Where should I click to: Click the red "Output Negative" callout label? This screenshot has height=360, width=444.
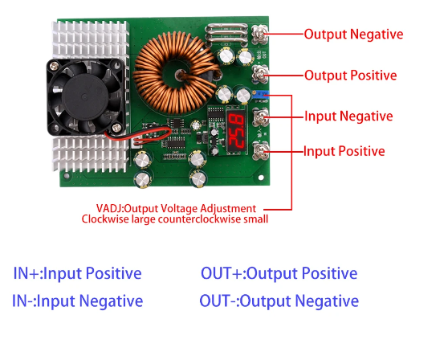(x=353, y=35)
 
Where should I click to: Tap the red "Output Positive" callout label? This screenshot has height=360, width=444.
(x=351, y=76)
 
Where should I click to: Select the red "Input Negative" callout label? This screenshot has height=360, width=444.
(x=348, y=117)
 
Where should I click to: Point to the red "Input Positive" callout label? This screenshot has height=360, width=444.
(x=344, y=151)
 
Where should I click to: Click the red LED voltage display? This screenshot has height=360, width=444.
(x=235, y=130)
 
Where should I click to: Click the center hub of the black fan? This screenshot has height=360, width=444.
(x=84, y=96)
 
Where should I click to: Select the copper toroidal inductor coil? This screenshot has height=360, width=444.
(x=177, y=72)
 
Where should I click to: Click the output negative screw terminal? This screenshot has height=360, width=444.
(x=259, y=34)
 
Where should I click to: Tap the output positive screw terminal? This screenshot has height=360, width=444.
(x=260, y=74)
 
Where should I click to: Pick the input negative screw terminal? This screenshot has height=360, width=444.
(x=260, y=117)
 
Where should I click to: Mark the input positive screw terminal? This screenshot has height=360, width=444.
(x=260, y=151)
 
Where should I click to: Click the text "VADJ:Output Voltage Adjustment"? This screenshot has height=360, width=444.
(x=176, y=209)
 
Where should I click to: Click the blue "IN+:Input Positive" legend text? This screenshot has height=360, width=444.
(x=77, y=273)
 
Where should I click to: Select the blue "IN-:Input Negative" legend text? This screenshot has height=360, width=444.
(x=77, y=301)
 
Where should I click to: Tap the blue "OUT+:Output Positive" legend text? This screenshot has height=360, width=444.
(x=279, y=273)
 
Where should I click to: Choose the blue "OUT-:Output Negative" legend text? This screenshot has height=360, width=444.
(x=279, y=301)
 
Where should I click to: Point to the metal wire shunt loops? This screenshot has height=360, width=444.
(x=226, y=35)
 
